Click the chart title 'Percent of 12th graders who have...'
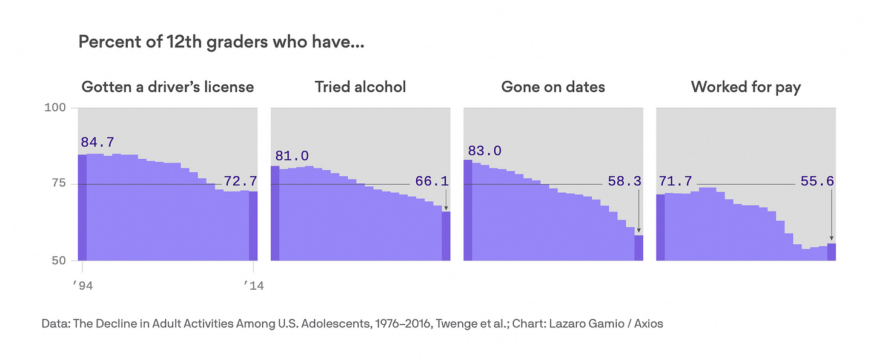coord(221,43)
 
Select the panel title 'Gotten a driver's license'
coord(168,87)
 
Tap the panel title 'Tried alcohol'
coord(360,87)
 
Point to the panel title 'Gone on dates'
coord(553,87)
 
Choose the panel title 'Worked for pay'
coord(746,87)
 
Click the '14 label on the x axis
coord(253,286)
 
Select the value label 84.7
coord(98,142)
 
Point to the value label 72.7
coord(240,181)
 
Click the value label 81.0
coord(292,156)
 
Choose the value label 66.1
coord(432,181)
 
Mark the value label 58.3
coord(625,181)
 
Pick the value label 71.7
coord(675,181)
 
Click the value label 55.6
coord(817,181)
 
